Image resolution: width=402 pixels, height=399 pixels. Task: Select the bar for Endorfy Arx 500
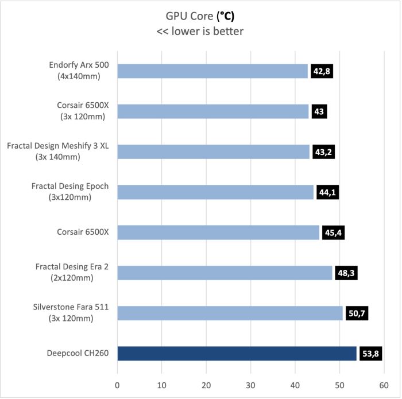[x=212, y=71]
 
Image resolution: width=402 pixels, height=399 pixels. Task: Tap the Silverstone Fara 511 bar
[x=230, y=313]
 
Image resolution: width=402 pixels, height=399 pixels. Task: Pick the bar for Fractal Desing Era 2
[x=225, y=273]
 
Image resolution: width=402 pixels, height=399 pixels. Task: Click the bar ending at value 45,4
[x=218, y=232]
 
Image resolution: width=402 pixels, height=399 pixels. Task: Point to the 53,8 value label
[x=370, y=354]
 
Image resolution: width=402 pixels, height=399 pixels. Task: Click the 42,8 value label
[x=322, y=71]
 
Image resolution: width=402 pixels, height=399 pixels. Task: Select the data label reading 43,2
[x=323, y=152]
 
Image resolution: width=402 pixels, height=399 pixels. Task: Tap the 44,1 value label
[x=327, y=192]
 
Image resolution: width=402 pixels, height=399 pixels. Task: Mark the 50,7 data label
[x=356, y=313]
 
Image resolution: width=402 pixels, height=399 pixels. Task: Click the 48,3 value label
[x=346, y=273]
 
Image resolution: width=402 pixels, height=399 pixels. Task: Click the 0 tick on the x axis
[x=118, y=385]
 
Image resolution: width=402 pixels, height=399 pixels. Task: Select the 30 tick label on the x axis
[x=250, y=385]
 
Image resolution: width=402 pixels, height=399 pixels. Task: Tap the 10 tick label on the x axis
[x=162, y=385]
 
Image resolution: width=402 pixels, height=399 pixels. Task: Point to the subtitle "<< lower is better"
[x=200, y=31]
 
